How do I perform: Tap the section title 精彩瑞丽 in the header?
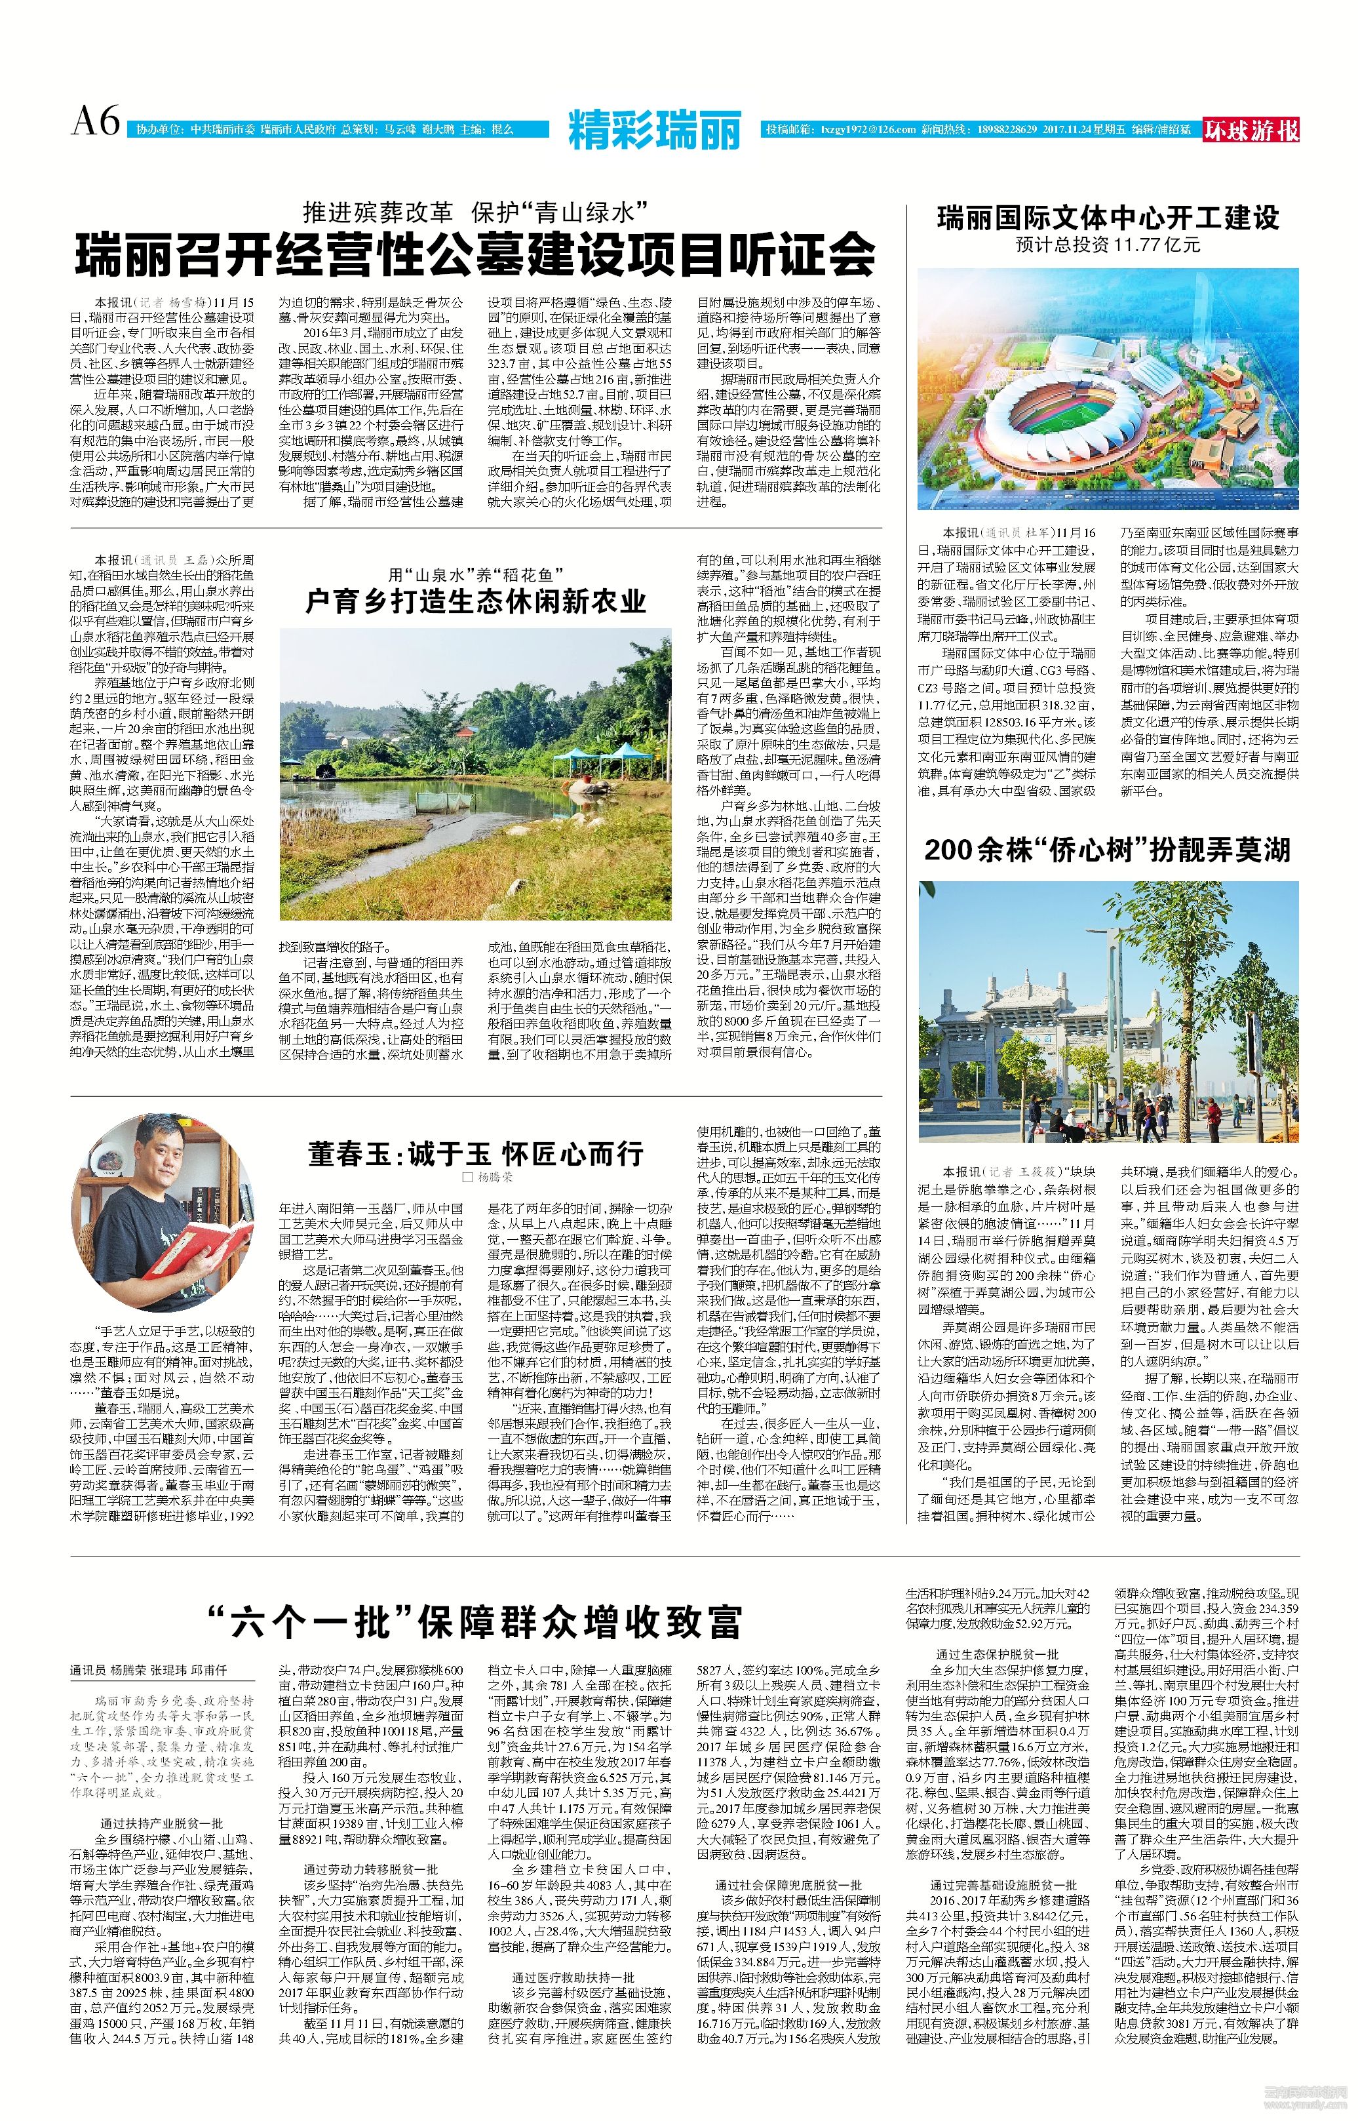click(x=654, y=130)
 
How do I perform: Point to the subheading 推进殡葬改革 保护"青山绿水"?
click(x=476, y=212)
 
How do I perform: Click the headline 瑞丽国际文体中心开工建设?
click(x=1108, y=217)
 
